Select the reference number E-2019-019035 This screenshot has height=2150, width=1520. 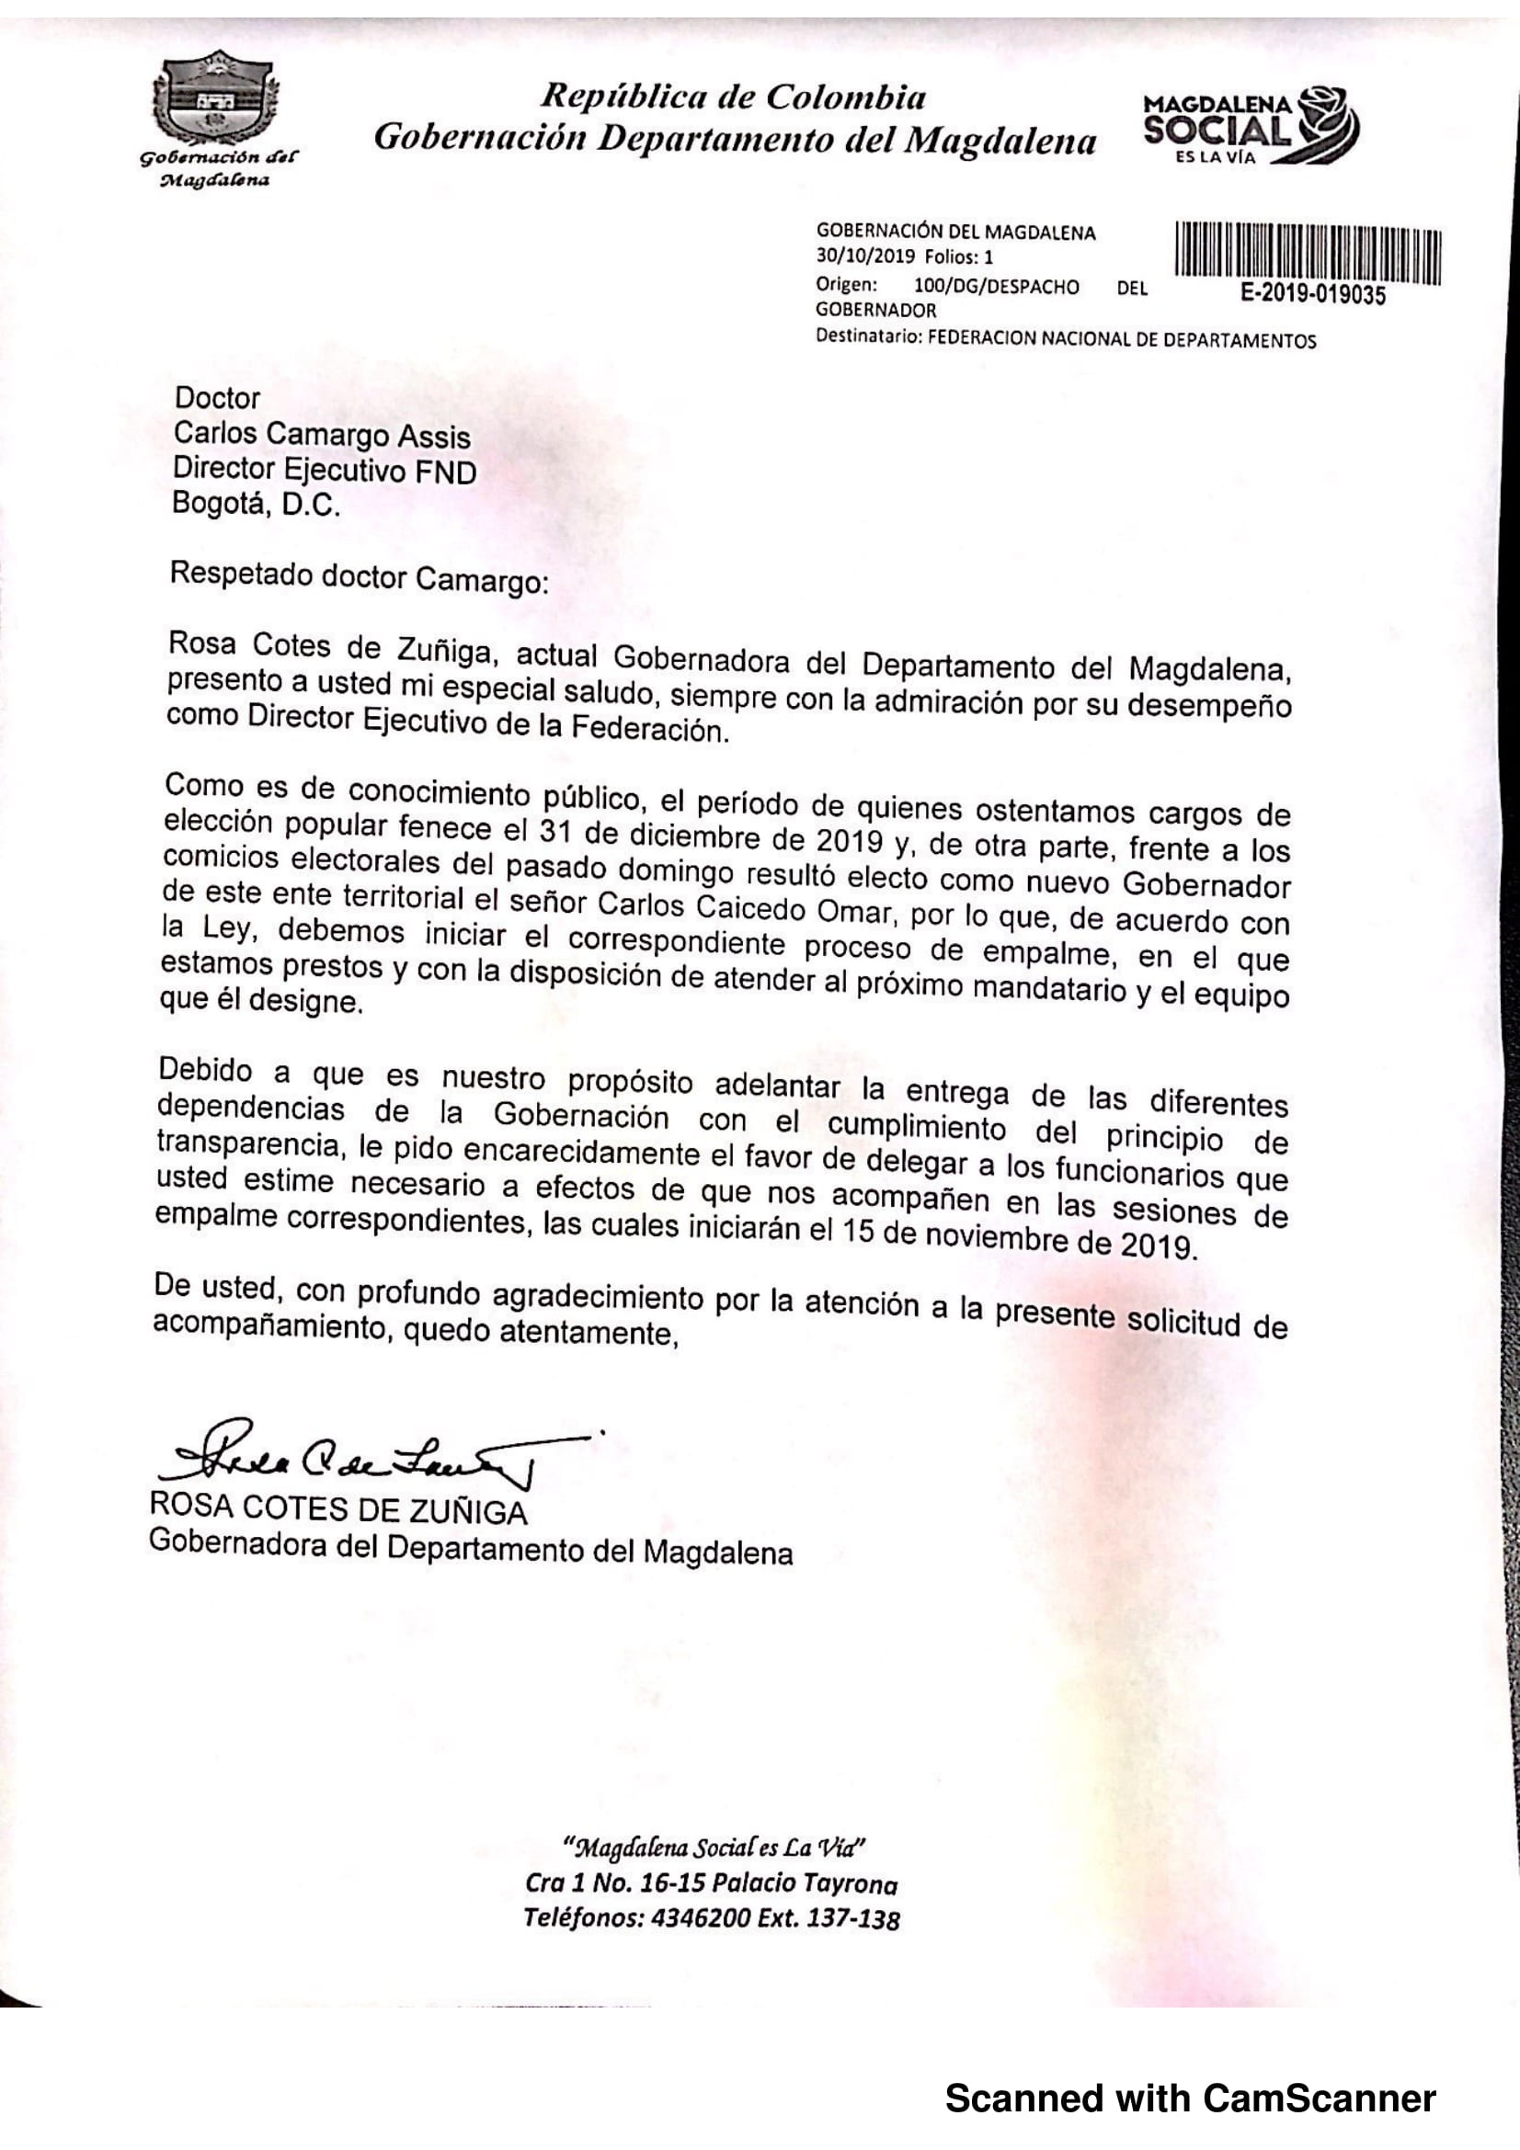pyautogui.click(x=1313, y=295)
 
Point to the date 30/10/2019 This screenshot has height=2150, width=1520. pyautogui.click(x=865, y=256)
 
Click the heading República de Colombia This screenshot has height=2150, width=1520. pyautogui.click(x=734, y=97)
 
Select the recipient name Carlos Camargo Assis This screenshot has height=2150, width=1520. pyautogui.click(x=321, y=436)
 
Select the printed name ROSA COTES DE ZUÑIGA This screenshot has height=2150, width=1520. pyautogui.click(x=338, y=1510)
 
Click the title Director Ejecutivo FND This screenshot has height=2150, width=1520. pyautogui.click(x=324, y=470)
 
